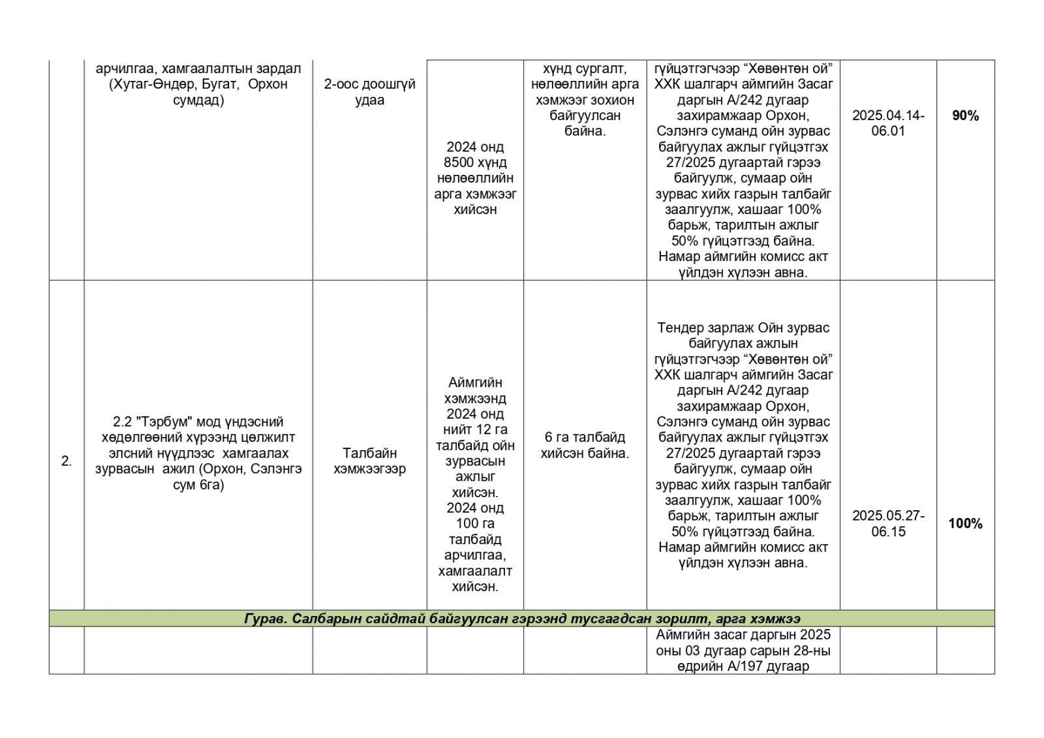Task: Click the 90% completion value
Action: coord(965,115)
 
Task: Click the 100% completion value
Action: coord(965,523)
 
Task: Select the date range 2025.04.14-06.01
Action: coord(888,123)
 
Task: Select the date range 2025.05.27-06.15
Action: coord(888,523)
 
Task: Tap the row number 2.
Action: coord(67,461)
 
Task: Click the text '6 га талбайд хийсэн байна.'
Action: coord(585,445)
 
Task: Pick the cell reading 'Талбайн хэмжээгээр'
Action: coord(369,461)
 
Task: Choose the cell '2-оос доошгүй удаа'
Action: coord(369,92)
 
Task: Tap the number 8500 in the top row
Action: coord(460,162)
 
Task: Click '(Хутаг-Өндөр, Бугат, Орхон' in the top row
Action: coord(198,84)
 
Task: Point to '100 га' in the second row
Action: coord(475,523)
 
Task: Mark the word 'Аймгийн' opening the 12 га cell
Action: coord(475,382)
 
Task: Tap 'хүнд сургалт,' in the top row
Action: coord(585,69)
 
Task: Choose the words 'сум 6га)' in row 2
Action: coord(198,485)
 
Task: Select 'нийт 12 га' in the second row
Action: coord(475,429)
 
